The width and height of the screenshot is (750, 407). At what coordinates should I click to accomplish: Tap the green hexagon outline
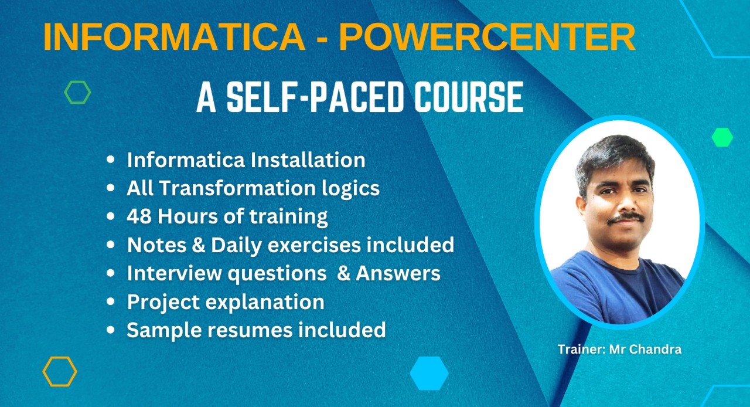[x=77, y=93]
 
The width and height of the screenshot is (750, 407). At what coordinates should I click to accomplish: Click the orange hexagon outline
[x=60, y=371]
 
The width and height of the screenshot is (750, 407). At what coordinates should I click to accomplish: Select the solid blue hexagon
[x=429, y=373]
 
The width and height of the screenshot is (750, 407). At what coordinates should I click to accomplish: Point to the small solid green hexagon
[x=722, y=137]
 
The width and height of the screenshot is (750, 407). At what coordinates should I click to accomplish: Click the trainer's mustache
[x=625, y=218]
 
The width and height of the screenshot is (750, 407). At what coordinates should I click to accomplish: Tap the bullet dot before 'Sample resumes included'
[x=110, y=331]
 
